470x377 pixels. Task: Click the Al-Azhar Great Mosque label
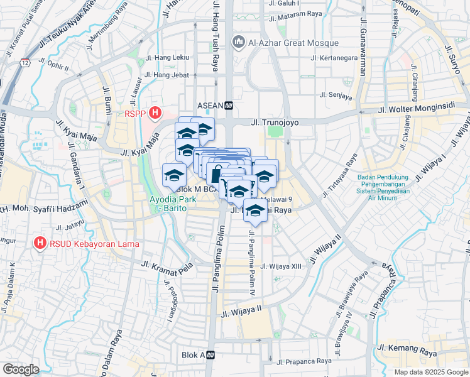293,43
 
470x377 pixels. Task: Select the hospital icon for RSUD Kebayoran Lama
40,242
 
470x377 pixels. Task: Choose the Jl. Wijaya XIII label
281,266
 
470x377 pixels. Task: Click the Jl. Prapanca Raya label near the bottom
304,361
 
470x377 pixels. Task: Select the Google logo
20,369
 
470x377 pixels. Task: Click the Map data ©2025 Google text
431,372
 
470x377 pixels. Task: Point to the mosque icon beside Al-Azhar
238,43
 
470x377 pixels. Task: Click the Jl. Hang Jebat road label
167,75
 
